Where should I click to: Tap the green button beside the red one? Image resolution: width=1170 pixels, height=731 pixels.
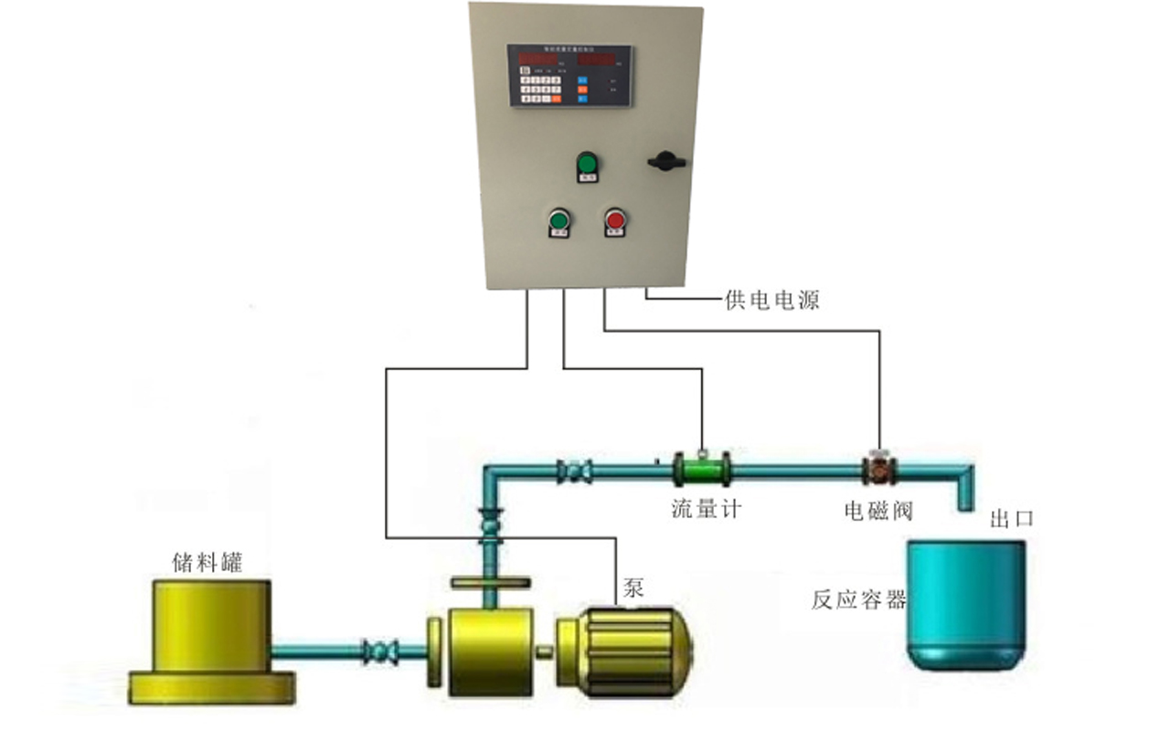(x=558, y=220)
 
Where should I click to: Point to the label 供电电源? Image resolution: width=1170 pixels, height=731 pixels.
(x=771, y=300)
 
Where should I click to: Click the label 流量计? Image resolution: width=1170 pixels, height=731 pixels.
(x=706, y=509)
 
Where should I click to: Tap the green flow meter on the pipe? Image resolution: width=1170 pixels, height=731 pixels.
(x=702, y=471)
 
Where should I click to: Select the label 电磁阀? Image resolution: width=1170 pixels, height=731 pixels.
(x=878, y=509)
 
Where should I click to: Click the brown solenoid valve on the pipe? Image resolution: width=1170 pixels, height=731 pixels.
(x=879, y=470)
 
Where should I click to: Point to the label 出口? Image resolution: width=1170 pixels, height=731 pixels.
(x=1012, y=519)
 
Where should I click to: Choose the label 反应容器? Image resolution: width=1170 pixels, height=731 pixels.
(x=858, y=600)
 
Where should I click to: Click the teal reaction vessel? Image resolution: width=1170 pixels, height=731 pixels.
(x=965, y=603)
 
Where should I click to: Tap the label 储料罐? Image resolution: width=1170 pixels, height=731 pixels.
(x=207, y=561)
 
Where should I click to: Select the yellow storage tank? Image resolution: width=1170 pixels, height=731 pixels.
(x=210, y=640)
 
